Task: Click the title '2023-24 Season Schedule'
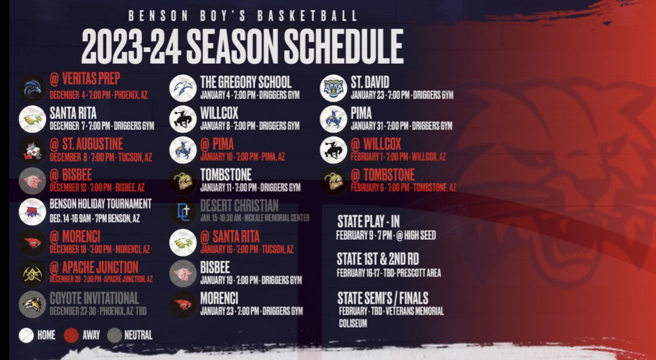242,46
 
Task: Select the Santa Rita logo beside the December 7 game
32,119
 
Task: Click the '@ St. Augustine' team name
86,144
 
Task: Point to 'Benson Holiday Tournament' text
100,204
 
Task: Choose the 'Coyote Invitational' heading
94,298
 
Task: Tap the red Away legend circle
72,335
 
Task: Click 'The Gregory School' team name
245,82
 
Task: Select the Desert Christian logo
183,212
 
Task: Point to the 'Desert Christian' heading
239,205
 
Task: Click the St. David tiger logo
334,88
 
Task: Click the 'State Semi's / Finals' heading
383,298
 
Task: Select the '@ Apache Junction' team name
94,267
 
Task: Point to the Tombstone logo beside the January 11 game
183,181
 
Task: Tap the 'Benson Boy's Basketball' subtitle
243,16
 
